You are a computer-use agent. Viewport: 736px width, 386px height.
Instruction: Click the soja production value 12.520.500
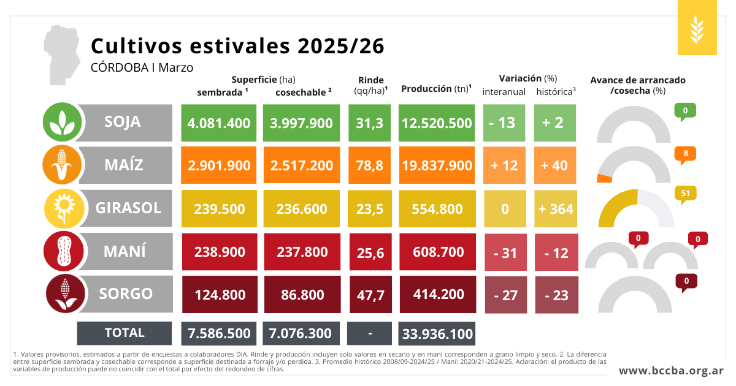pos(437,123)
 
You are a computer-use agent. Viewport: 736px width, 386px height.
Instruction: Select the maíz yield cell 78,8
pos(369,165)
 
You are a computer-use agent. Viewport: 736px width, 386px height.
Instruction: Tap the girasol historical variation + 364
pos(556,209)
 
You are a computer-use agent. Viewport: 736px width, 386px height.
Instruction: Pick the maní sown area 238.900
pos(220,252)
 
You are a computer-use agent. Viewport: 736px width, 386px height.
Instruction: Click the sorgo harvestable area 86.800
pos(302,295)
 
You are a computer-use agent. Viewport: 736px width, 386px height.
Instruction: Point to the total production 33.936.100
pos(437,334)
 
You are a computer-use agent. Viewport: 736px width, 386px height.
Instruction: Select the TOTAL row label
pos(125,333)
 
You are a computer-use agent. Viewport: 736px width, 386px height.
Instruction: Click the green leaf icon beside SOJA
pos(62,122)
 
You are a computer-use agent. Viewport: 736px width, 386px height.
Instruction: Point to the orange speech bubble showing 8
pos(685,154)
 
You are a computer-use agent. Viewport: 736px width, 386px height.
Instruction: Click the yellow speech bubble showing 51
pos(685,194)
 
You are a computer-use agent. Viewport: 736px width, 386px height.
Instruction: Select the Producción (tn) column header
pos(436,89)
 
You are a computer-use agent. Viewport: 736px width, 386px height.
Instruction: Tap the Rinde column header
pos(370,85)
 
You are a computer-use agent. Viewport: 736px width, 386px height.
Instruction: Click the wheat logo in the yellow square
pos(697,28)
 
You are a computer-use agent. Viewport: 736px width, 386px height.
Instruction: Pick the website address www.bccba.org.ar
pos(671,371)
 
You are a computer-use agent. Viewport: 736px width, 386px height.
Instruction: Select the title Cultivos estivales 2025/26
pos(237,46)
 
